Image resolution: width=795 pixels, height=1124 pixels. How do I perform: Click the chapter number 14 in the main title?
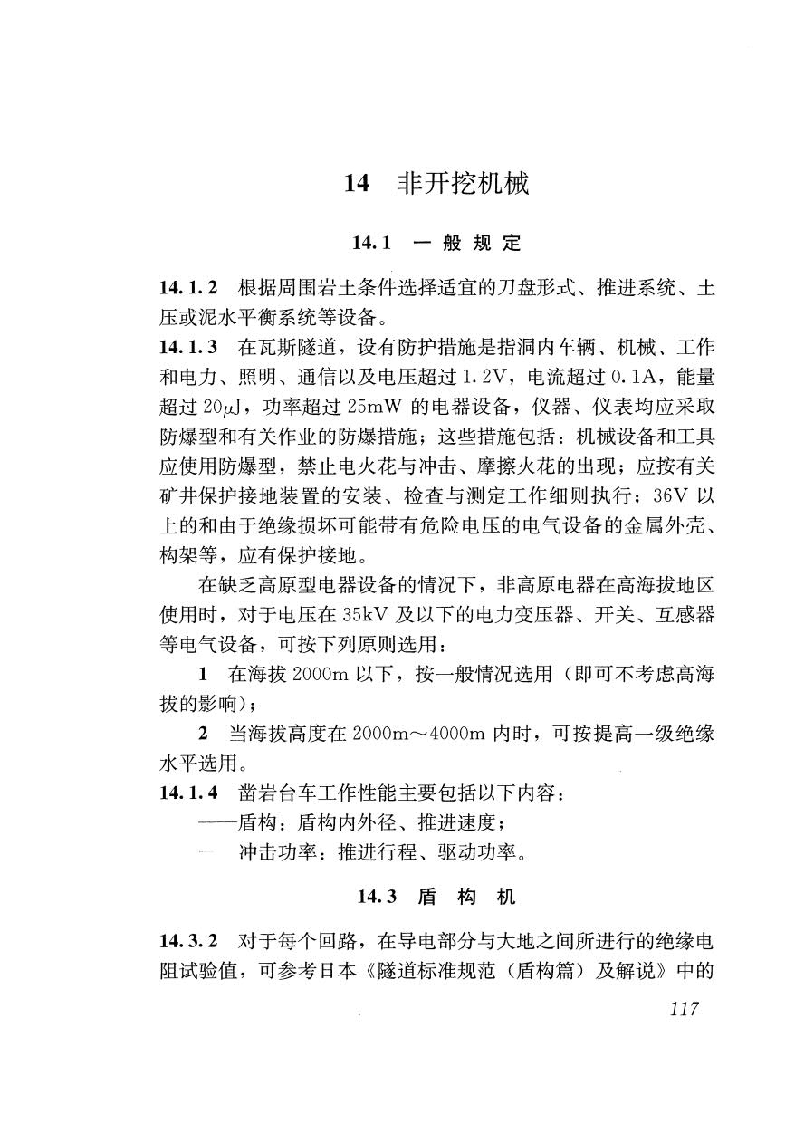(357, 185)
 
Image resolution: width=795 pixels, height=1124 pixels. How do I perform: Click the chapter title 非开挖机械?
(463, 185)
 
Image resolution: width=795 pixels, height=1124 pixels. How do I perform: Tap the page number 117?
(682, 1009)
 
